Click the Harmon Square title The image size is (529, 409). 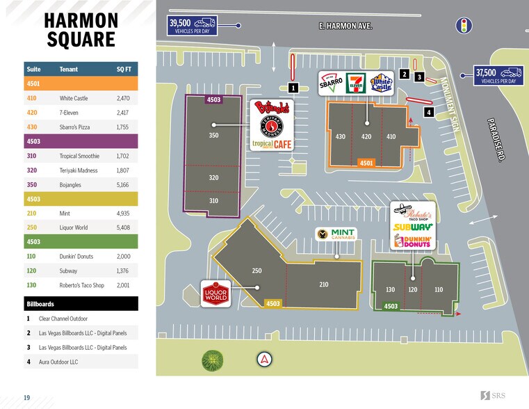(x=81, y=30)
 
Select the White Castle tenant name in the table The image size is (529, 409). (x=76, y=99)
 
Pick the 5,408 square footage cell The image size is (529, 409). (x=124, y=226)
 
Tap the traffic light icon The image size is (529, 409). (x=462, y=26)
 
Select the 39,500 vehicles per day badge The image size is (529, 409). (x=193, y=26)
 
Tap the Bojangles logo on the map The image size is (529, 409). (x=272, y=110)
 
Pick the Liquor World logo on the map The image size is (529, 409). (x=215, y=294)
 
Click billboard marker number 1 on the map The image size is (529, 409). (x=293, y=88)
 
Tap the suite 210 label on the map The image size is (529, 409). (x=323, y=284)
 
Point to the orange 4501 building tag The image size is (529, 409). (x=366, y=163)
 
